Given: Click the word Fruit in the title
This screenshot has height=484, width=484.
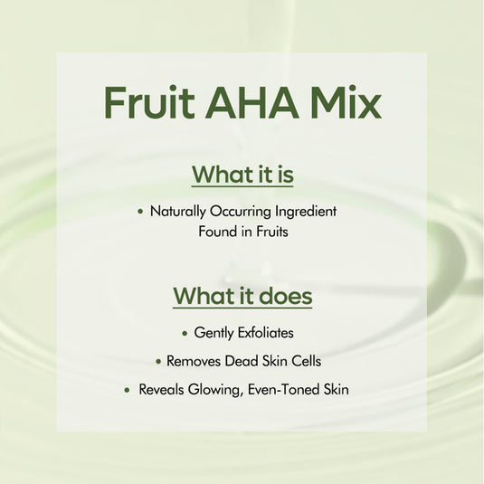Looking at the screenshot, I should click(x=147, y=103).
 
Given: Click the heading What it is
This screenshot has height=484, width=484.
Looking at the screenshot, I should click(x=242, y=173).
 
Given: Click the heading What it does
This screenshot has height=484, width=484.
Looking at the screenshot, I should click(x=242, y=296).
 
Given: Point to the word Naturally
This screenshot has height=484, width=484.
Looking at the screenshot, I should click(x=178, y=211).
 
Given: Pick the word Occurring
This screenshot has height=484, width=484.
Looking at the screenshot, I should click(x=242, y=211).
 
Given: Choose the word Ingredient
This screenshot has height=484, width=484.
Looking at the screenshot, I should click(x=307, y=211).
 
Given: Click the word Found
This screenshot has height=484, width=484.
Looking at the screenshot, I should click(x=218, y=232).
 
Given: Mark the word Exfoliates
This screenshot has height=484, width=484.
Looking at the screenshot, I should click(x=265, y=333).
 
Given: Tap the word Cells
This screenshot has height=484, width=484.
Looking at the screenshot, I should click(x=305, y=361).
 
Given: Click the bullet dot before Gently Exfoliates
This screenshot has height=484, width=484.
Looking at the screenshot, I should click(x=185, y=334).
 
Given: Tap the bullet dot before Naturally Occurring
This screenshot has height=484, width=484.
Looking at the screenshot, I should click(x=140, y=212).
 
